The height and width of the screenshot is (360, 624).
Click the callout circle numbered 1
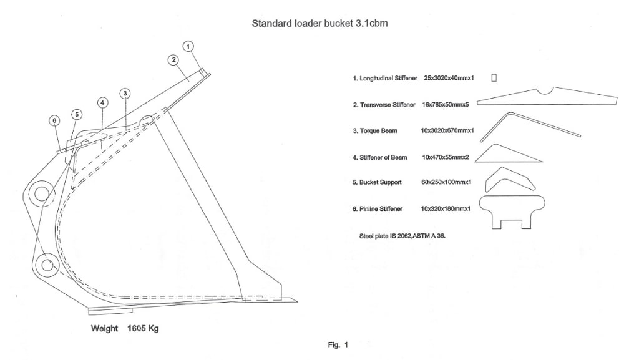pyautogui.click(x=189, y=46)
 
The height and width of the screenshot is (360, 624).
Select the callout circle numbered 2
pyautogui.click(x=173, y=60)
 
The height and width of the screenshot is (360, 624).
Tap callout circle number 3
pyautogui.click(x=125, y=94)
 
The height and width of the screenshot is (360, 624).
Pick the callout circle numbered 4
pyautogui.click(x=103, y=102)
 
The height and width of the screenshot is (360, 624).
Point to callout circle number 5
pyautogui.click(x=76, y=114)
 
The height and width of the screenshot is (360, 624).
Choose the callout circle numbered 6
pyautogui.click(x=54, y=120)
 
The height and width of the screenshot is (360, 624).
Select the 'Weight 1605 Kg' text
pyautogui.click(x=125, y=328)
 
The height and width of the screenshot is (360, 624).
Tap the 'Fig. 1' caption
pyautogui.click(x=338, y=344)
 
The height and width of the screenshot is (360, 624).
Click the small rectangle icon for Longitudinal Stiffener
pyautogui.click(x=494, y=77)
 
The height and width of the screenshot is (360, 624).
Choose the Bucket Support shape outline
pyautogui.click(x=510, y=180)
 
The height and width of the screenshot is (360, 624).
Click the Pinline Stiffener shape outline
pyautogui.click(x=512, y=210)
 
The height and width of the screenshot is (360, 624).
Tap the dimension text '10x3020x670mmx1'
pyautogui.click(x=448, y=131)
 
